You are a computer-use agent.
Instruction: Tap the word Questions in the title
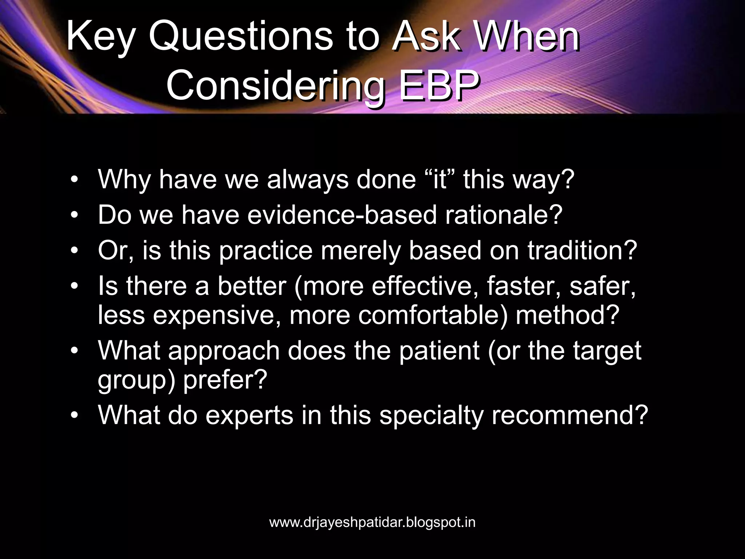pos(240,36)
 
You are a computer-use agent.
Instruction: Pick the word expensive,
pos(217,315)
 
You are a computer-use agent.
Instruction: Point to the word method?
pos(567,315)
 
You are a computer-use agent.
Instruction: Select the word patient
pos(439,351)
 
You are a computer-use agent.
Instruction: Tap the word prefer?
pos(225,380)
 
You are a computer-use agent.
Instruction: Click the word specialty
pos(431,416)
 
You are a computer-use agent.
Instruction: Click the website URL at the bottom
pos(372,522)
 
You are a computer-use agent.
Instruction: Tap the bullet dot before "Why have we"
pos(74,180)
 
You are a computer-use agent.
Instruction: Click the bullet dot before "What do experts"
pos(74,415)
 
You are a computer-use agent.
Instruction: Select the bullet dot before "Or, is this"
pos(74,251)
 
